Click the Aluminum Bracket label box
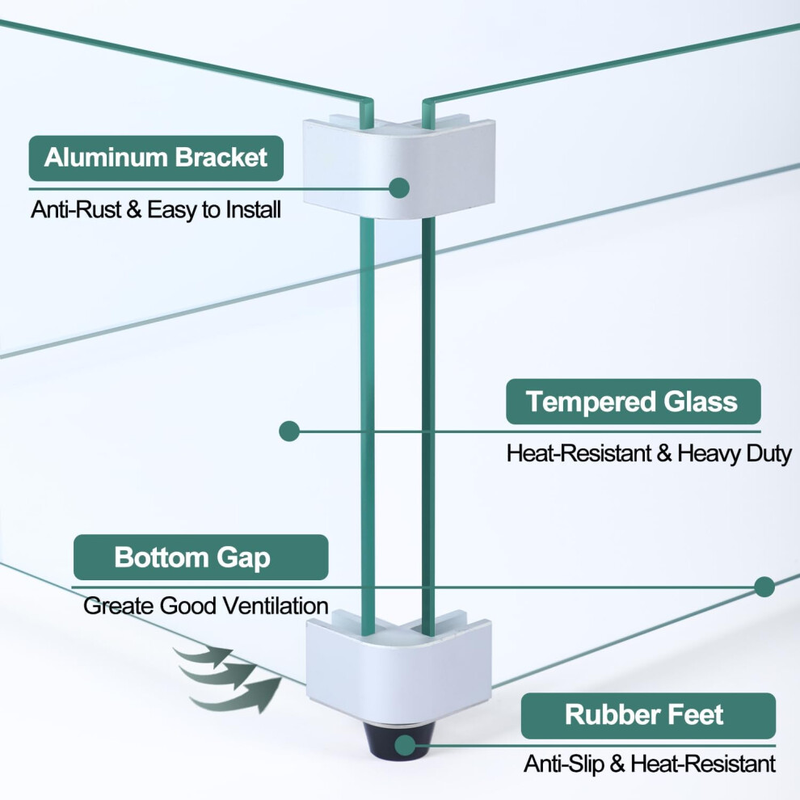point(156,158)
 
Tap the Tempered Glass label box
point(634,402)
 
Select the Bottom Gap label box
point(201,557)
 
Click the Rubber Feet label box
point(648,716)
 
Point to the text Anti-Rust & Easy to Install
point(156,209)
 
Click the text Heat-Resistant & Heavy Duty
point(649,453)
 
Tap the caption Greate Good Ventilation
point(205,606)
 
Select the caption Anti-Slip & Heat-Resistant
point(650,764)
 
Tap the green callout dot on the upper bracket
point(399,187)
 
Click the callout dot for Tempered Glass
point(289,432)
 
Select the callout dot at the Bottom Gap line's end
point(764,587)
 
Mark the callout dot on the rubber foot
point(406,745)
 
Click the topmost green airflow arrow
point(204,655)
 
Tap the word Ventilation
point(276,606)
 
